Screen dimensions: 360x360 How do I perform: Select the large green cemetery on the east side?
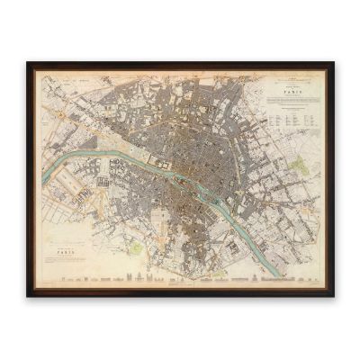click(x=299, y=163)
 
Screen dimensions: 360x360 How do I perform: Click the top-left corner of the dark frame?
click(x=28, y=64)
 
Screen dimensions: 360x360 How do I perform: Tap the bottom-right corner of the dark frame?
click(x=332, y=295)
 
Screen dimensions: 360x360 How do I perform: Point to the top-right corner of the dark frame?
click(x=332, y=64)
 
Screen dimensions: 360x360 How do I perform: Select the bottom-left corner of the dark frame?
click(x=28, y=295)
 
